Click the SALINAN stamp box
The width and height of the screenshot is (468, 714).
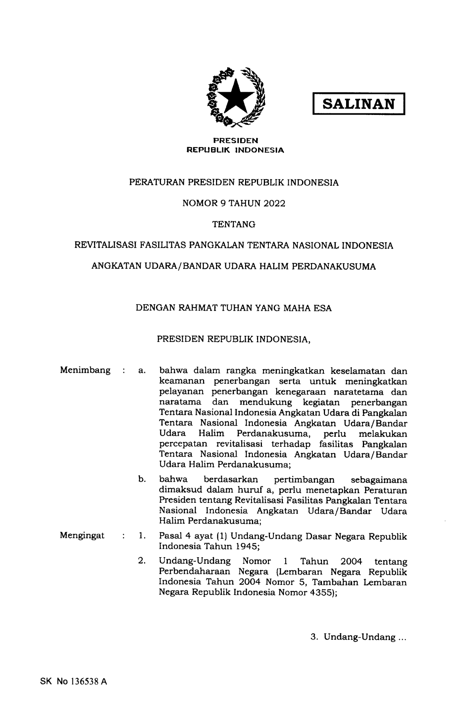point(359,103)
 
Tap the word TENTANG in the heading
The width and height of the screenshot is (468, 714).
point(234,225)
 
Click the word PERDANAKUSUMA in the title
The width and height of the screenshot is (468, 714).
point(334,267)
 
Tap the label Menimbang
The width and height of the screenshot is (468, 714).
point(85,370)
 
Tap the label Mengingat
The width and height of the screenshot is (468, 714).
point(82,535)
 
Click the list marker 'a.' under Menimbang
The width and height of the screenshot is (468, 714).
point(142,371)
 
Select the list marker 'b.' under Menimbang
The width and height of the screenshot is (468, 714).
point(142,479)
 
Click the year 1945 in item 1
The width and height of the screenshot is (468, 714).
point(247,546)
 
